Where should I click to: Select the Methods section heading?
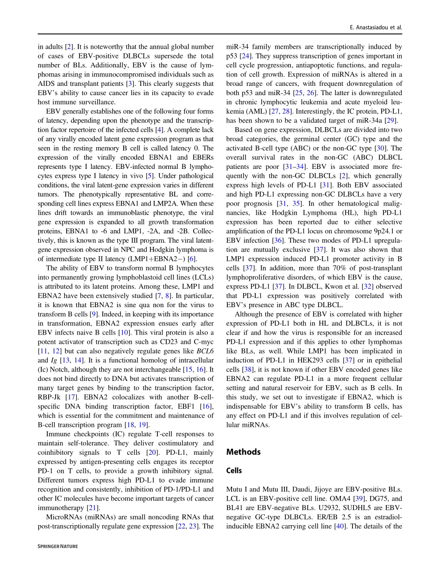(x=243, y=452)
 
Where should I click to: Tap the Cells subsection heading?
(x=234, y=470)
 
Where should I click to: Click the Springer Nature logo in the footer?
(x=57, y=547)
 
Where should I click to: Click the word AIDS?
(x=46, y=84)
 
